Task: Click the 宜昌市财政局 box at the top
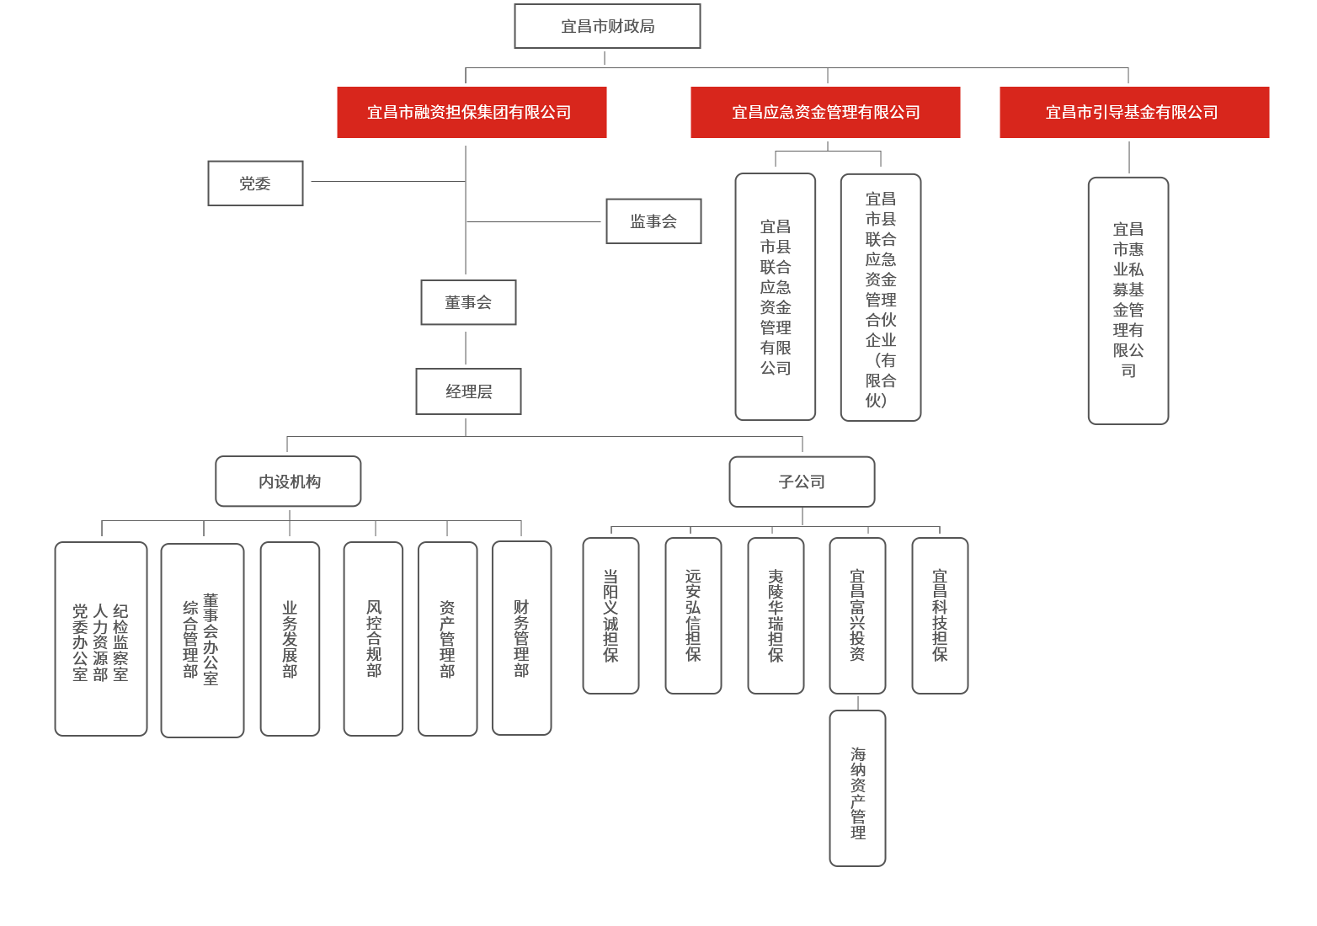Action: coord(607,26)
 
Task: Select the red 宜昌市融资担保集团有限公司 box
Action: coord(472,112)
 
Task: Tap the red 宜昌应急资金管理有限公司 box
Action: coord(825,112)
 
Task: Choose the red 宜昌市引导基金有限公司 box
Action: coord(1134,112)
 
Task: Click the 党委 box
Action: coord(255,183)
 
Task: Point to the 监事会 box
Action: coord(653,221)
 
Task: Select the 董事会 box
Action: coord(468,302)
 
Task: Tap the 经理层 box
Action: coord(468,391)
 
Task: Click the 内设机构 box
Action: coord(288,481)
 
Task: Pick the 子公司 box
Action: coord(802,482)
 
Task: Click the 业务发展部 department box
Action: coord(290,639)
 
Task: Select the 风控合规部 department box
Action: coord(373,639)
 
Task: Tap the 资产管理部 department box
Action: coord(447,639)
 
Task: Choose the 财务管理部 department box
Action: coord(521,638)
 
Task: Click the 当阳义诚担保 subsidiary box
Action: coord(611,615)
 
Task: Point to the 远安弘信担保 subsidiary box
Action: coord(693,615)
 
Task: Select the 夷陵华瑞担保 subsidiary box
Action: coord(776,615)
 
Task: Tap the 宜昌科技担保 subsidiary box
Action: coord(940,615)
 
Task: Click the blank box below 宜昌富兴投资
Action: coord(857,788)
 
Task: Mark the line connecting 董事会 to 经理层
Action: coord(466,347)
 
